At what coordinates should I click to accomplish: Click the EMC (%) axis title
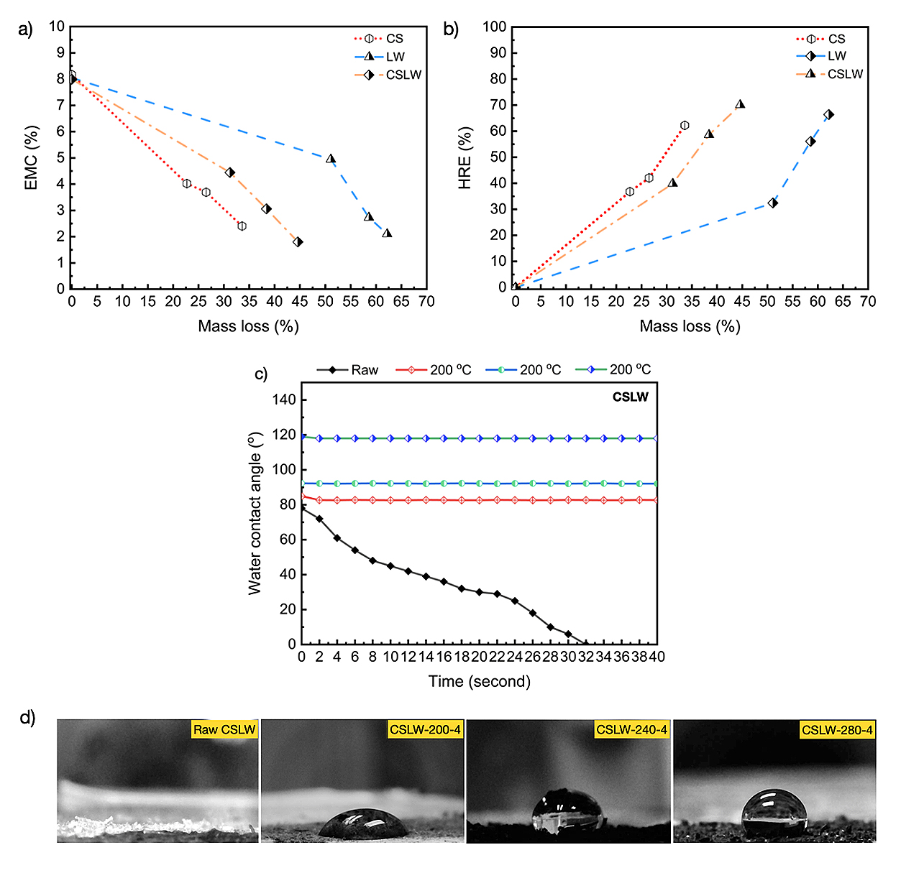(x=31, y=158)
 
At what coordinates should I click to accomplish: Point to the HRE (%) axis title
(x=465, y=158)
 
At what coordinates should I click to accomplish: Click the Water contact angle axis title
(x=255, y=514)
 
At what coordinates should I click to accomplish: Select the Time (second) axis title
(x=479, y=681)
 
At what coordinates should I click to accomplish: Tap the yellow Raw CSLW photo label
(x=224, y=730)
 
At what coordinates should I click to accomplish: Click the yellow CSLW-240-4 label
(x=631, y=730)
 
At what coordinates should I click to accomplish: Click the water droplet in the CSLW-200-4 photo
(x=364, y=823)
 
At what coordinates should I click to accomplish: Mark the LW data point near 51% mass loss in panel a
(x=331, y=158)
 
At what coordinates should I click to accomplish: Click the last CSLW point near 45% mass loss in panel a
(x=298, y=242)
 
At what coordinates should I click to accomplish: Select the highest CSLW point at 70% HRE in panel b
(x=740, y=104)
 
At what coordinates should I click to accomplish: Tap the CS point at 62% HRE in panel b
(x=685, y=125)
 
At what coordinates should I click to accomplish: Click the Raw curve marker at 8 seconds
(x=372, y=560)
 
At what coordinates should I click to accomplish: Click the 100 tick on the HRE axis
(x=495, y=27)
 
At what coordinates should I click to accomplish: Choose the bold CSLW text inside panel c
(x=630, y=397)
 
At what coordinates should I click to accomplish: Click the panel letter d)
(x=27, y=718)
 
